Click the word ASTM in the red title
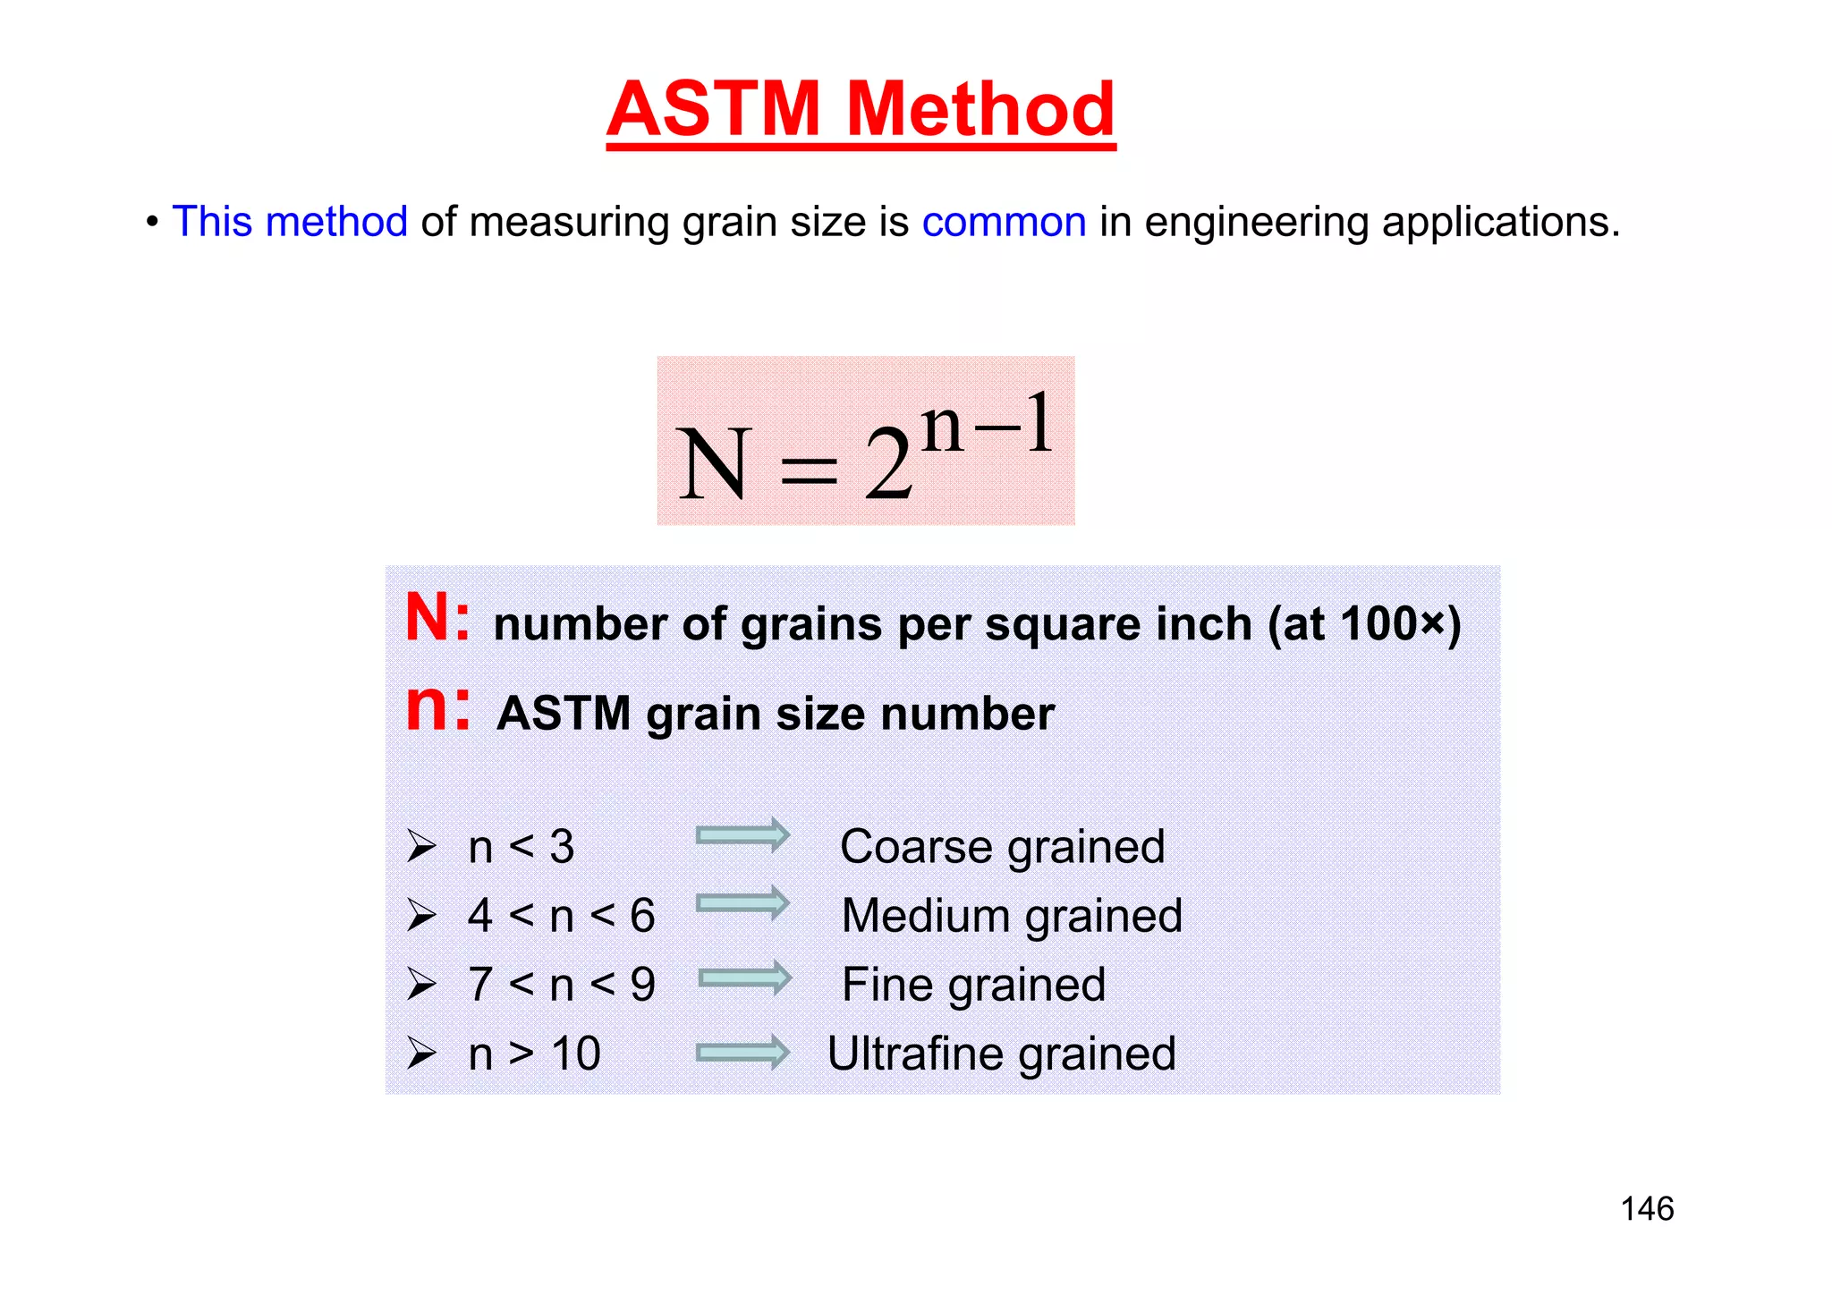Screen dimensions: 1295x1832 (x=713, y=109)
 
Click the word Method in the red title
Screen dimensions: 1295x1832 (x=980, y=109)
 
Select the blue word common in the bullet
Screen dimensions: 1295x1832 (x=1004, y=222)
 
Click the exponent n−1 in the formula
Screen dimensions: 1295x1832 (x=986, y=424)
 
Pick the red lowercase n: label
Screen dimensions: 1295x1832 (x=437, y=708)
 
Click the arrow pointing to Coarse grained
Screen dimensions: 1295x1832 (x=742, y=835)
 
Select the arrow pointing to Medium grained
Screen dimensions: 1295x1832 (x=742, y=903)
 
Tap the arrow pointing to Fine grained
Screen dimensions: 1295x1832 (x=744, y=978)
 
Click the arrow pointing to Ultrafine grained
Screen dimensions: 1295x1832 (x=742, y=1052)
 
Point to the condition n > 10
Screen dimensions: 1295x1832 (x=534, y=1054)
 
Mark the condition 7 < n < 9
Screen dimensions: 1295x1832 (x=561, y=985)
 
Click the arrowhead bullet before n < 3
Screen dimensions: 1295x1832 (x=421, y=846)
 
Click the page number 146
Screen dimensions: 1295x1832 (x=1647, y=1209)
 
